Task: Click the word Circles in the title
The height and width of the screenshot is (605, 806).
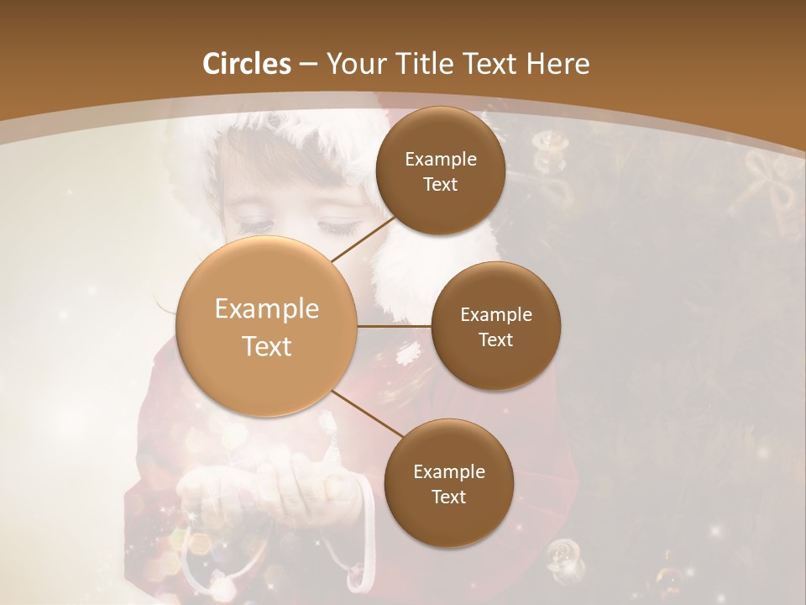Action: tap(246, 64)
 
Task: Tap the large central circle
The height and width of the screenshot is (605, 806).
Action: tap(267, 327)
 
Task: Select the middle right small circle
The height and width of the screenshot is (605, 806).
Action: tap(495, 326)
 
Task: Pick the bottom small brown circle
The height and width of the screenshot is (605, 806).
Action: tap(448, 483)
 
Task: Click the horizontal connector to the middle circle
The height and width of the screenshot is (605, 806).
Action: tap(395, 326)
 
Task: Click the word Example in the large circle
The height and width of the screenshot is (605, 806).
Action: tap(267, 309)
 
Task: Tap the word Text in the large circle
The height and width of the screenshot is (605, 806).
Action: tap(267, 346)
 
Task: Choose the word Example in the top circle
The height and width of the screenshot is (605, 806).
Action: tap(440, 160)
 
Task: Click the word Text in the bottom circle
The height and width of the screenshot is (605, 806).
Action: tap(448, 497)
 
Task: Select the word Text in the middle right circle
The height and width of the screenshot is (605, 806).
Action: tap(495, 339)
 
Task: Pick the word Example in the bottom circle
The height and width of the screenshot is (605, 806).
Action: tap(448, 472)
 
